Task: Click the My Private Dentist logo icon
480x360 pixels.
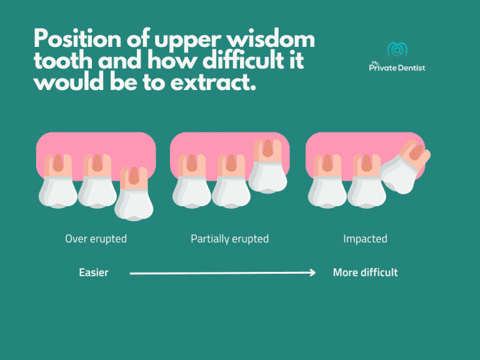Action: (x=397, y=50)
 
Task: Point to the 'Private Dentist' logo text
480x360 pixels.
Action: (x=397, y=67)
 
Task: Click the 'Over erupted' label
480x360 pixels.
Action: (x=96, y=239)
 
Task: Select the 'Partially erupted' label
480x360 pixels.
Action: (x=229, y=239)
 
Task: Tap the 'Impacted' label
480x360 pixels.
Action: (x=365, y=239)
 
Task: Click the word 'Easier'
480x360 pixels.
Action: (x=93, y=272)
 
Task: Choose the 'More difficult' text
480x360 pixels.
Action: (x=365, y=272)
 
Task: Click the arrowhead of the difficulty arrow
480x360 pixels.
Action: (x=312, y=272)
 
